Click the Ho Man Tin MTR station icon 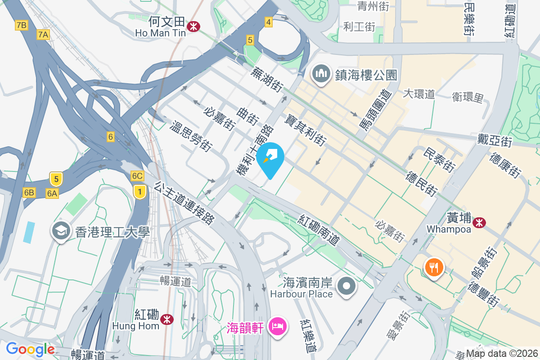pyautogui.click(x=194, y=26)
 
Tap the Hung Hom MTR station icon pyautogui.click(x=167, y=319)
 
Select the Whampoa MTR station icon pyautogui.click(x=479, y=221)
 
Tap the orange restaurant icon pyautogui.click(x=433, y=268)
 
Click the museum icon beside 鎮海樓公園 pyautogui.click(x=322, y=74)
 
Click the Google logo pyautogui.click(x=30, y=349)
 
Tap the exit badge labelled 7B pyautogui.click(x=21, y=25)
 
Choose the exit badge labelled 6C pyautogui.click(x=137, y=176)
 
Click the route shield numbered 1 pyautogui.click(x=140, y=193)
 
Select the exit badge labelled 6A pyautogui.click(x=52, y=193)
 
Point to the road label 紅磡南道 pyautogui.click(x=319, y=230)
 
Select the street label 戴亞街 pyautogui.click(x=495, y=140)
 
